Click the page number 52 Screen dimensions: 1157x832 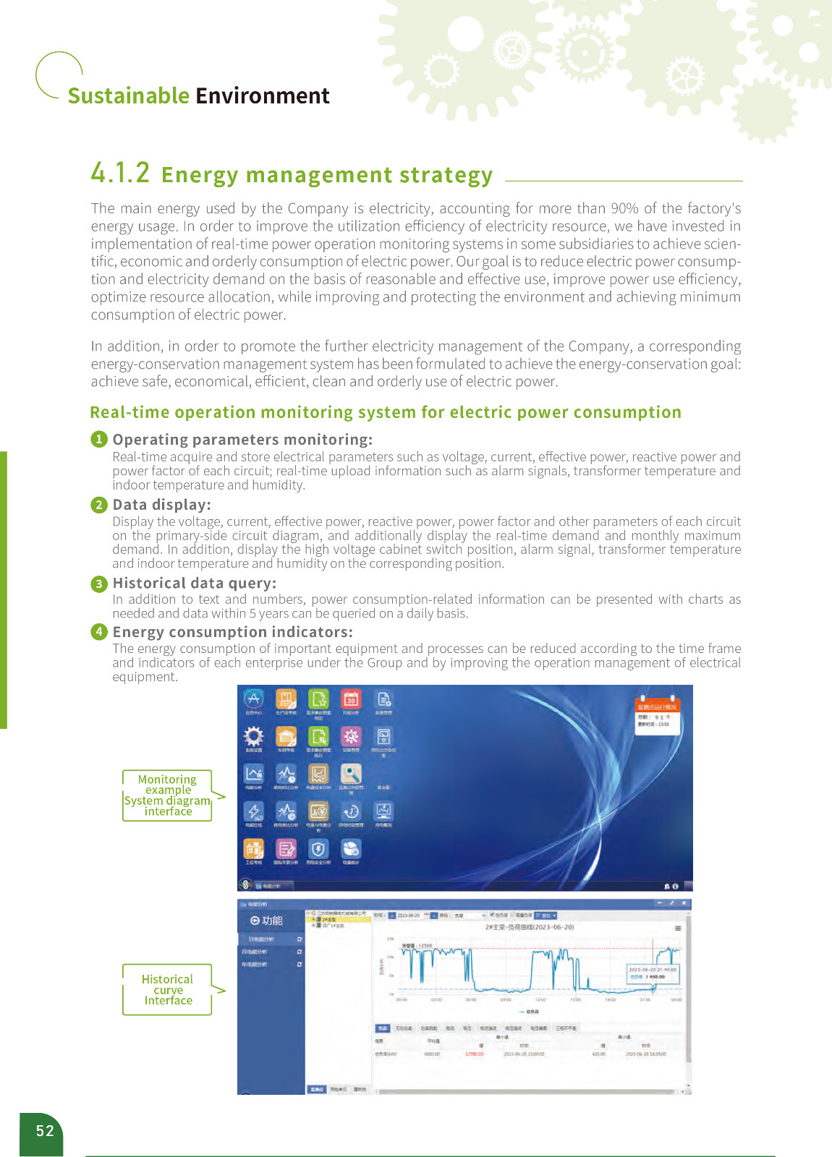45,1131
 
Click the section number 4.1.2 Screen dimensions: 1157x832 120,174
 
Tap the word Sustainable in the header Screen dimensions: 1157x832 128,96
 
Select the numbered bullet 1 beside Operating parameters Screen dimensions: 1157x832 99,440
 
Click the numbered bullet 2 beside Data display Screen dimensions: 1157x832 99,505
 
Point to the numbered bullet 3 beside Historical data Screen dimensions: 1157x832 99,584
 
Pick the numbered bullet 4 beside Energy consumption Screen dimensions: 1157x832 99,632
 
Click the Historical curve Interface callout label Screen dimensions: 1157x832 168,989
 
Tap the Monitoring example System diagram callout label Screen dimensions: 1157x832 168,795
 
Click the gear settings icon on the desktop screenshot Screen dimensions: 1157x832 253,737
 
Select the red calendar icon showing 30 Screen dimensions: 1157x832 351,699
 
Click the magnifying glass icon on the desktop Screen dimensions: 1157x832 351,774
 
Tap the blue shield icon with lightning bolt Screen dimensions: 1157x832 318,849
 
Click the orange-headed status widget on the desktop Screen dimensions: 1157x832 657,715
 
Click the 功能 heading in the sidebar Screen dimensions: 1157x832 267,921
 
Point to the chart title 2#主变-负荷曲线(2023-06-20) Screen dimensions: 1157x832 530,927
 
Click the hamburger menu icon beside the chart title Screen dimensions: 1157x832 678,928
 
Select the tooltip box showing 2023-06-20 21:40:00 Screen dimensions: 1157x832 653,973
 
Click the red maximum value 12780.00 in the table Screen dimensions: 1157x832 474,1054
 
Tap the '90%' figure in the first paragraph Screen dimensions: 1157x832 624,209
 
